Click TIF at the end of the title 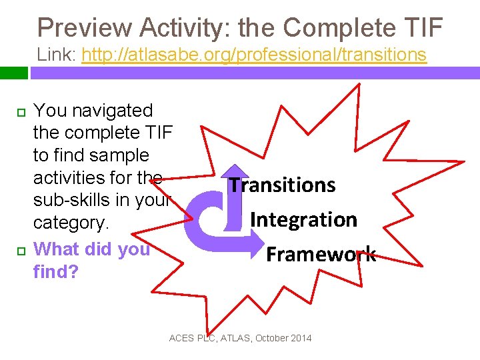pyautogui.click(x=419, y=28)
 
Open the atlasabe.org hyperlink pyautogui.click(x=253, y=55)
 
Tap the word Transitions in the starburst pyautogui.click(x=282, y=185)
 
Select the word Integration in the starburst pyautogui.click(x=303, y=219)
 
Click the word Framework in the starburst pyautogui.click(x=321, y=254)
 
